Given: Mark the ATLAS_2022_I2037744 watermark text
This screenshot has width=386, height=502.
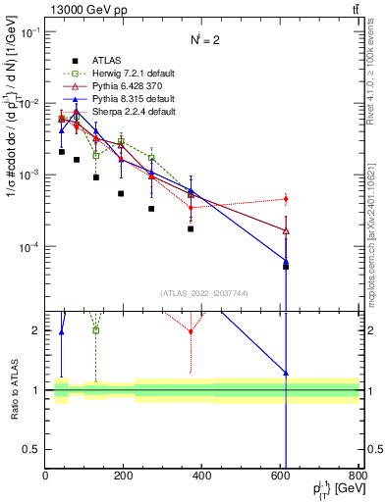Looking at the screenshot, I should coord(201,293).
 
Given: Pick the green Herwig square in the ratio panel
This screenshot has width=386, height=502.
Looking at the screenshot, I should coord(96,329).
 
